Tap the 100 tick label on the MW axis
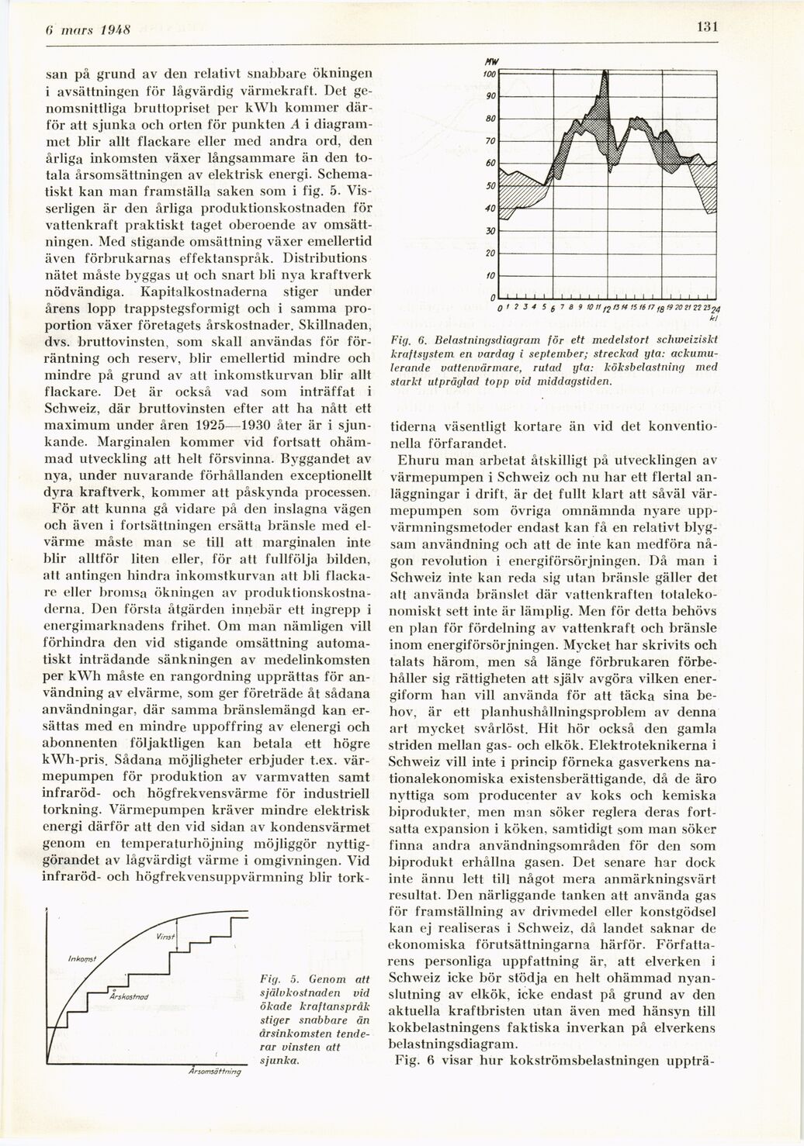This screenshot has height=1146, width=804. coord(489,72)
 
